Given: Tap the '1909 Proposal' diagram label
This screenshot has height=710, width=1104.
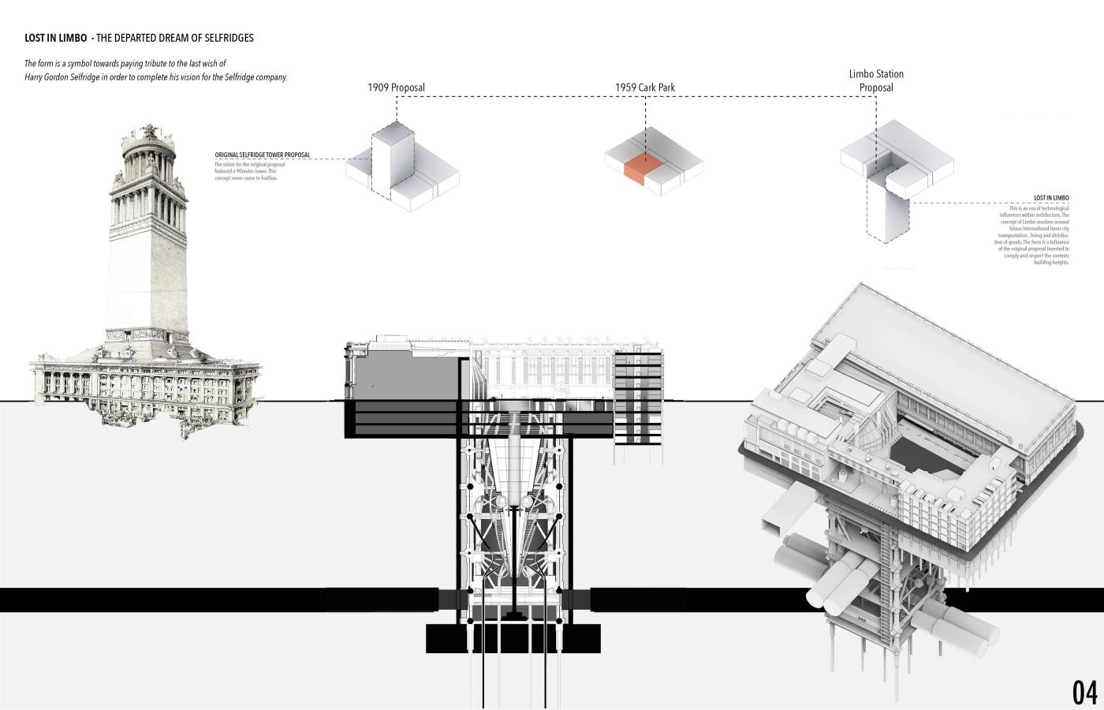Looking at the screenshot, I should click(x=396, y=88).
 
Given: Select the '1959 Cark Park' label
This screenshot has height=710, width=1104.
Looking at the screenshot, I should click(x=645, y=88).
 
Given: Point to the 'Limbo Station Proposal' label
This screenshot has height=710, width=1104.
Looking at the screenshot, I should click(x=876, y=80).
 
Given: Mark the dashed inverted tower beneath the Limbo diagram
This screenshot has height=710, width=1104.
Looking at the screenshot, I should click(x=887, y=209).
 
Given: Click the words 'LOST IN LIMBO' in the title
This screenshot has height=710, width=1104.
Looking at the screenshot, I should click(x=55, y=38).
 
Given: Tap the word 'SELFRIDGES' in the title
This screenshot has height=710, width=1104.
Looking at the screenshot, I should click(x=229, y=38).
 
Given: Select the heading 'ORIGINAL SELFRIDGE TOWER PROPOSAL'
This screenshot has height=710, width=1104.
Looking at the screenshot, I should click(x=263, y=155).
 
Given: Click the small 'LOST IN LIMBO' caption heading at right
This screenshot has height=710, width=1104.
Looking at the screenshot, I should click(x=1051, y=198).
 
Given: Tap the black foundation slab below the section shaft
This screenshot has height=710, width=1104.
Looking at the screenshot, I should click(x=513, y=638).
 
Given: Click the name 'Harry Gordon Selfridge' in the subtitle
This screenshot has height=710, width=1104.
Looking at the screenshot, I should click(x=61, y=77).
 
